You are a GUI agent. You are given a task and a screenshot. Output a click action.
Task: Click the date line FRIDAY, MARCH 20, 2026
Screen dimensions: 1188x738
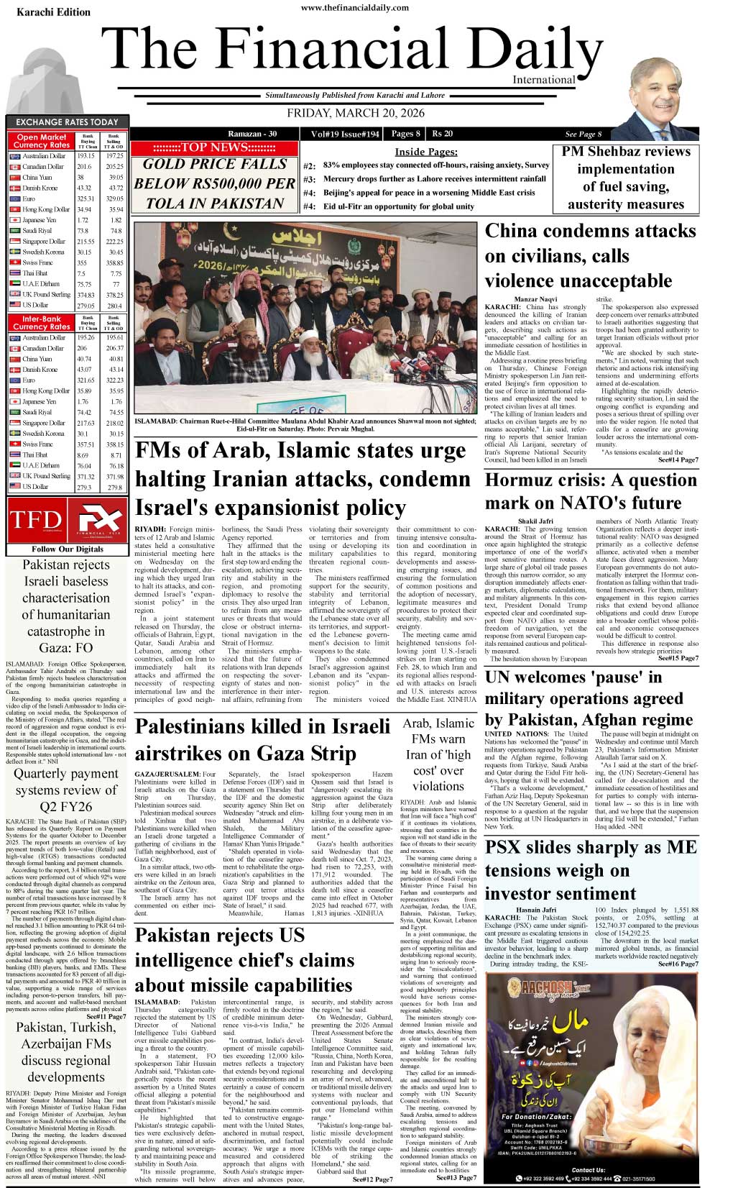[356, 114]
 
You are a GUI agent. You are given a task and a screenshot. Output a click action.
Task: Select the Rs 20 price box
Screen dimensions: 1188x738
[443, 134]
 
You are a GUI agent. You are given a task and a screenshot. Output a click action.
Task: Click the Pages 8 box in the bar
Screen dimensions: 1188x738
[406, 134]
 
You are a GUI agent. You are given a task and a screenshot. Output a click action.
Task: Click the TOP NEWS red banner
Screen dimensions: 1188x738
[214, 147]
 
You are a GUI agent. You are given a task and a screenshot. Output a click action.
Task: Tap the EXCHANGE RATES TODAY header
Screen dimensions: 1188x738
[67, 122]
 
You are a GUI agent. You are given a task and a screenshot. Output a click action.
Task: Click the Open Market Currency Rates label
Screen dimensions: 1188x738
[42, 141]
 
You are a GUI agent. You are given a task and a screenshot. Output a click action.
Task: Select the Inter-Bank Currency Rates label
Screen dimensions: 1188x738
[42, 322]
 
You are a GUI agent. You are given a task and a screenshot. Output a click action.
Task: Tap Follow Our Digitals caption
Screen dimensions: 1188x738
[68, 549]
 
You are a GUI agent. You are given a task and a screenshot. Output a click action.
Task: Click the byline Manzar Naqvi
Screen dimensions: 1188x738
[535, 299]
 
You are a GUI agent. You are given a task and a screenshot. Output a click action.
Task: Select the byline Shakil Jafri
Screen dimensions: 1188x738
[535, 521]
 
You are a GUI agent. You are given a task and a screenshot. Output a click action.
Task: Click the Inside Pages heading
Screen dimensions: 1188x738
[425, 152]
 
